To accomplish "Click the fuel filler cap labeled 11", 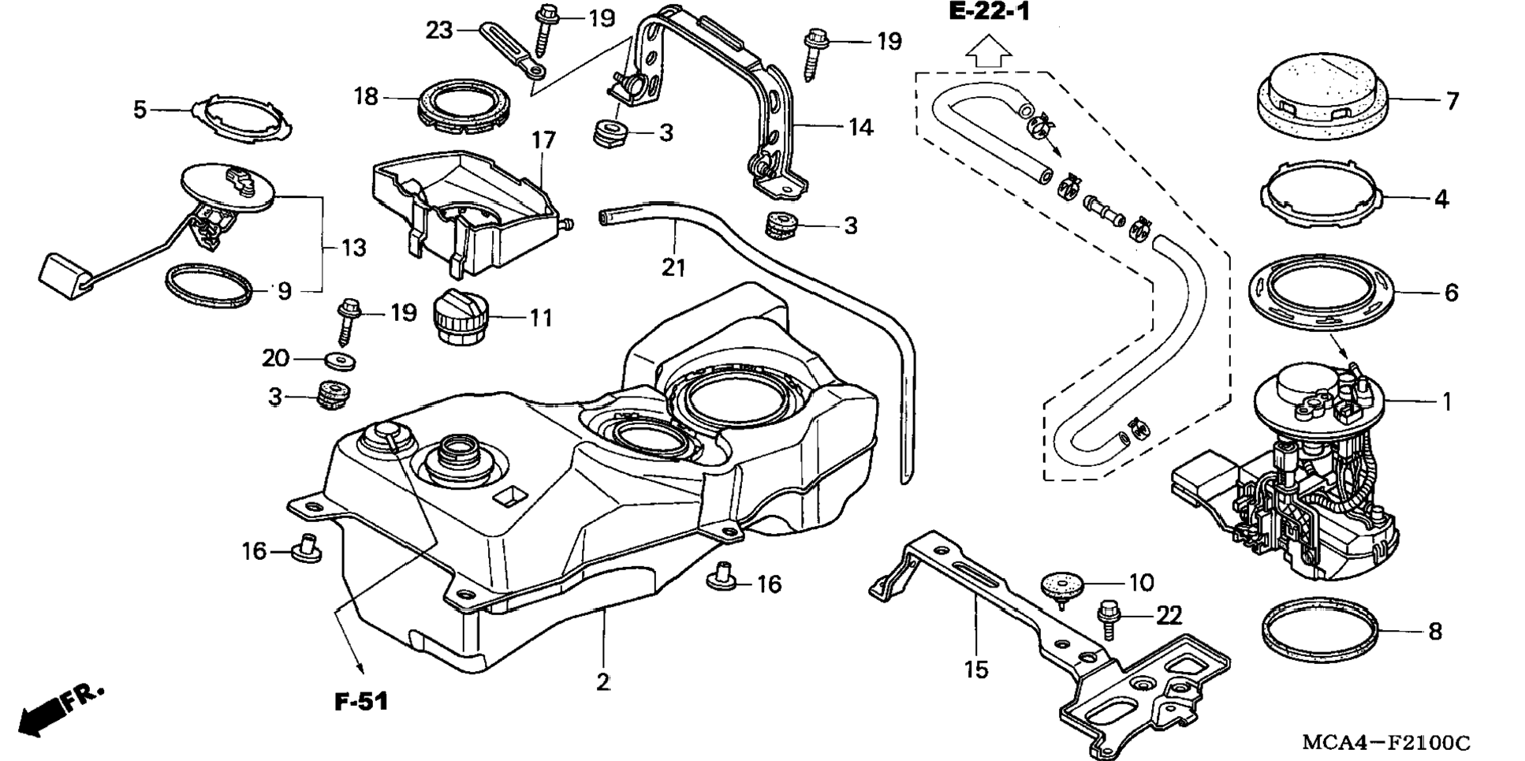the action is (x=461, y=316).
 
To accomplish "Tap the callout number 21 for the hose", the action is (x=673, y=267).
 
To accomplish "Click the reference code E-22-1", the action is (x=990, y=13).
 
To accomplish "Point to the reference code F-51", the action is (x=361, y=701).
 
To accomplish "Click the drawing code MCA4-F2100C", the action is (x=1385, y=742).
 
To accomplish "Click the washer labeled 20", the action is (x=340, y=361).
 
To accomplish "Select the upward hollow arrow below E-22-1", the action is (x=989, y=52).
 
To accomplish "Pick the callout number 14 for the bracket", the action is (x=860, y=127).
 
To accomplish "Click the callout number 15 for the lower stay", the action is (x=975, y=670).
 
